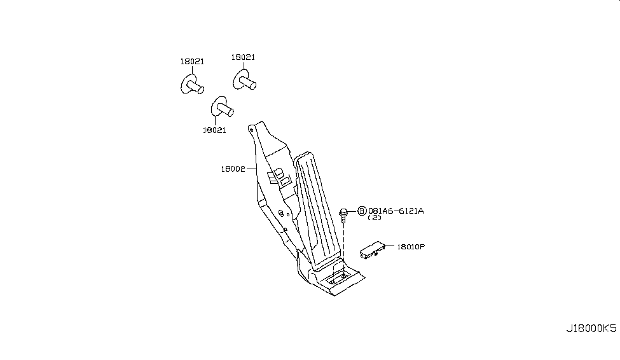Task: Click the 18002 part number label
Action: (233, 169)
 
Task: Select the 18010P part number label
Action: (411, 247)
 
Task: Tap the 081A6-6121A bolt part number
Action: (396, 211)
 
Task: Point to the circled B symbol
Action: (362, 211)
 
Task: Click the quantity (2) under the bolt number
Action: (375, 218)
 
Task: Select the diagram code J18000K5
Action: (591, 329)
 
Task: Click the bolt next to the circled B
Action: (343, 215)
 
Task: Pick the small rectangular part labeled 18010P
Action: (373, 250)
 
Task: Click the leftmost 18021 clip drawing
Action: (192, 85)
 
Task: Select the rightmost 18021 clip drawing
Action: (244, 80)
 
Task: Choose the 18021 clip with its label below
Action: (222, 106)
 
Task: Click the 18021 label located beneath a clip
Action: (214, 130)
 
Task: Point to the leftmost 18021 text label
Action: (192, 61)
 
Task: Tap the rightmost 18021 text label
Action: (243, 57)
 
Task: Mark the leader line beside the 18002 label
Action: (251, 169)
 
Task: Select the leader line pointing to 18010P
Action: (389, 246)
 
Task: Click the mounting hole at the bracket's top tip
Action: (251, 128)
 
